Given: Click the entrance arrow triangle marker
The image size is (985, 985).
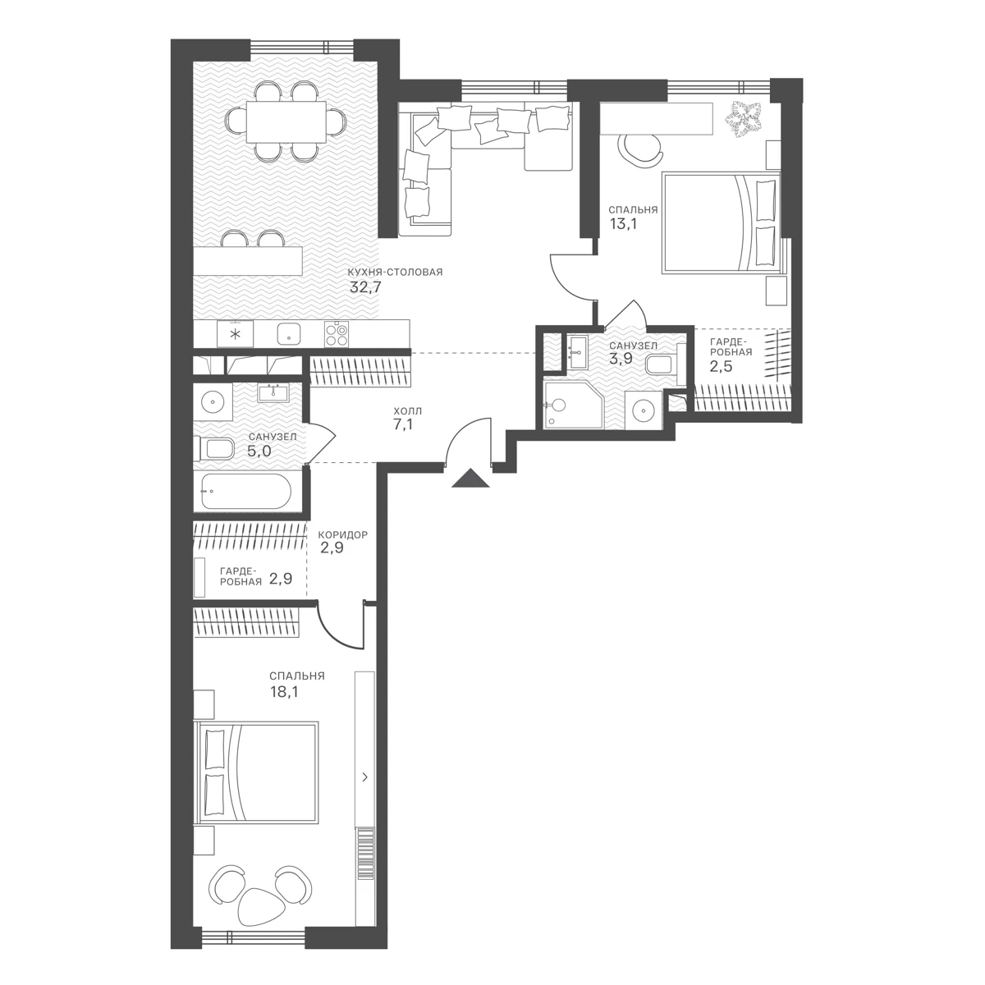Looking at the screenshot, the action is [471, 479].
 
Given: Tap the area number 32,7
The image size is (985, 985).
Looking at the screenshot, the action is [365, 287].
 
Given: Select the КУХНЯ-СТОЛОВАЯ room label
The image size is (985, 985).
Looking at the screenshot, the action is [396, 273].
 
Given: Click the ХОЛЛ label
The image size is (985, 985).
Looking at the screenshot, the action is [408, 411].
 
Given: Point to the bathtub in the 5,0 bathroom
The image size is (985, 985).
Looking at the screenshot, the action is [246, 491].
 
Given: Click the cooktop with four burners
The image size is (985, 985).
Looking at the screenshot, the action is [337, 334].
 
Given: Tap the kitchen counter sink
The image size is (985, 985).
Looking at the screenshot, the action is [289, 335].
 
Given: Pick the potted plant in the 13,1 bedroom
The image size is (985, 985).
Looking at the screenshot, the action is [744, 119].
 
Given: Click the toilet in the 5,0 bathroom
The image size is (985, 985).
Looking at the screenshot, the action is [215, 449].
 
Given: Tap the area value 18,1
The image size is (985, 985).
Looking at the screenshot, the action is [284, 692].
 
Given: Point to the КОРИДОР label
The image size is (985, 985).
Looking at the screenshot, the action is [342, 535].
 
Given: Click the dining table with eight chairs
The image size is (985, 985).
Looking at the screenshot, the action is [286, 121].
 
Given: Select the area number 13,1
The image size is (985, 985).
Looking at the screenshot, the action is [623, 223].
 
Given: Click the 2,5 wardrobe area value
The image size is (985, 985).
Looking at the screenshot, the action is [721, 366].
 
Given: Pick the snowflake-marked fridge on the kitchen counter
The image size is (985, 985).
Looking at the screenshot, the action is [235, 334].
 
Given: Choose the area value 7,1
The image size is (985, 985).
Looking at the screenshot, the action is [403, 424].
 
